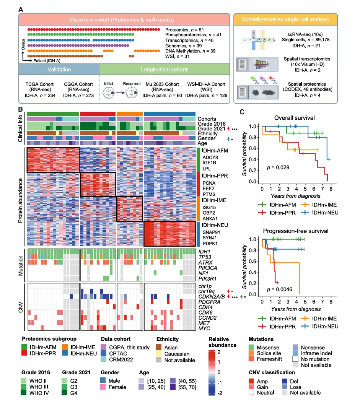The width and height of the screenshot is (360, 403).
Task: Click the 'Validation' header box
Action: [59, 69]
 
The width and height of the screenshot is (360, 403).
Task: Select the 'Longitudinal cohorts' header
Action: [165, 69]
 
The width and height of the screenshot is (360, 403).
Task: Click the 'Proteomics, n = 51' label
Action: [184, 30]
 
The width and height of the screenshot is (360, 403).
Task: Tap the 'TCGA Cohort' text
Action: [39, 84]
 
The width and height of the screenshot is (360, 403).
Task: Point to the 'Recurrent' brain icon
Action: [132, 93]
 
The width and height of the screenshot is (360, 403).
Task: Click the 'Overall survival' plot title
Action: [295, 118]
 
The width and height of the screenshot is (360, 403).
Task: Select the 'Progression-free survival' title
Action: [296, 231]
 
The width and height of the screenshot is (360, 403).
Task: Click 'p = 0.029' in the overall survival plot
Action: [278, 167]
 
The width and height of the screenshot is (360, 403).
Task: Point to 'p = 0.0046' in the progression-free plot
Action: [280, 289]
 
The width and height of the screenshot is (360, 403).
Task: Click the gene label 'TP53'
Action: [205, 257]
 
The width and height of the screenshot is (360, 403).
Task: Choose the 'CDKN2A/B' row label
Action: [212, 297]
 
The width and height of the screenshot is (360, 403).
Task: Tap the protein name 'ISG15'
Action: [209, 207]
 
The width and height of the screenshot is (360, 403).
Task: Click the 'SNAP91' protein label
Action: [211, 232]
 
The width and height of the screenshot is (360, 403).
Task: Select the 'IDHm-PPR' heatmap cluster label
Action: [215, 176]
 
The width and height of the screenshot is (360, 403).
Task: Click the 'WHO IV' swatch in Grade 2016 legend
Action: [24, 393]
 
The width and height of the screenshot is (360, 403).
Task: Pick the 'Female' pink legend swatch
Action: [103, 387]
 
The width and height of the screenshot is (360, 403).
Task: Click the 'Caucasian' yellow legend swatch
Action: [159, 354]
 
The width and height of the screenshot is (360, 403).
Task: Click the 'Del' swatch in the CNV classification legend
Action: [284, 381]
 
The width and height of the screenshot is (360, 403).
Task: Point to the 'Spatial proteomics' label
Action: [307, 84]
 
